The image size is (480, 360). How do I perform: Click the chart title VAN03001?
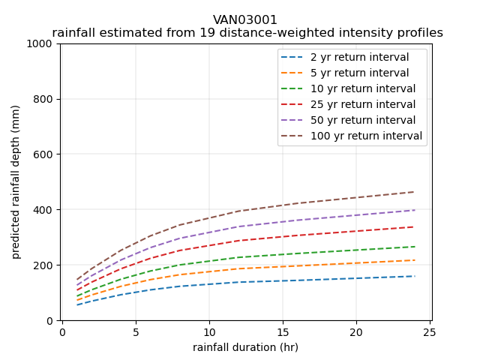245,19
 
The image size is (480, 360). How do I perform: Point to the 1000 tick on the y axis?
42,43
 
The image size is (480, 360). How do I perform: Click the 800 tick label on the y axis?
45,99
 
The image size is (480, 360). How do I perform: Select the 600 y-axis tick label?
45,154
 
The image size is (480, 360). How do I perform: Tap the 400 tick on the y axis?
45,210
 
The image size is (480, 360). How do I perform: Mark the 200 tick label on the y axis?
45,265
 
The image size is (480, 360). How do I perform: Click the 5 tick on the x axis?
136,331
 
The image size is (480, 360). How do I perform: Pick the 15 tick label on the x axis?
283,331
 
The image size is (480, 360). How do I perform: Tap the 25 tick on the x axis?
430,331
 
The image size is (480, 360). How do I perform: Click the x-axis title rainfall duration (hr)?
245,347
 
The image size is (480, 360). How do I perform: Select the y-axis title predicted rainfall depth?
16,181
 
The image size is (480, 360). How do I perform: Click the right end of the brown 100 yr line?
415,192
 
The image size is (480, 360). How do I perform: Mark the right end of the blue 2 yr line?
415,276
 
